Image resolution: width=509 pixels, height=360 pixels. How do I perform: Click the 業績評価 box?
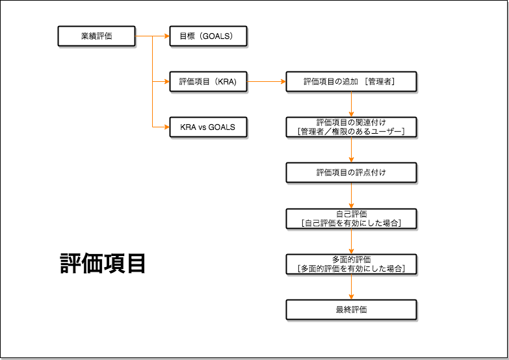point(96,36)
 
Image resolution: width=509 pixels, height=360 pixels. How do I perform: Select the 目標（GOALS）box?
point(208,36)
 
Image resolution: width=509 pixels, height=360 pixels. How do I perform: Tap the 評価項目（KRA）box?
point(208,82)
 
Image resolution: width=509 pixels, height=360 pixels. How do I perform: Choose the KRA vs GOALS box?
point(208,127)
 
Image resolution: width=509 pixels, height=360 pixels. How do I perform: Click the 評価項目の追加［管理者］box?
point(351,82)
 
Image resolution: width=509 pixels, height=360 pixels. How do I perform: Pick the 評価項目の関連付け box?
point(351,127)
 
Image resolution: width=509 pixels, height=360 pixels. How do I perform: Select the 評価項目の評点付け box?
point(351,172)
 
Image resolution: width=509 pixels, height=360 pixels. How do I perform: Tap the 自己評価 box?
point(351,218)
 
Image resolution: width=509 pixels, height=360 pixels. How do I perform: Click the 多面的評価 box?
point(351,264)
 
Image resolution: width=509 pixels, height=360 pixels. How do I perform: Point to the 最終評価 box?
point(351,309)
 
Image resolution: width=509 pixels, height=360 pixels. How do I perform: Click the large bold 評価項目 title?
point(103,264)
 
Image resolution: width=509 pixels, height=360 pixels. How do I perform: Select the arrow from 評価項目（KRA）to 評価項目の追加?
point(267,82)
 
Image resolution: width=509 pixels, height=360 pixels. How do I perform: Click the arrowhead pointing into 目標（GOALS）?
point(166,36)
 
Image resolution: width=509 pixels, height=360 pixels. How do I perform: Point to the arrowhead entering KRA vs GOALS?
point(166,127)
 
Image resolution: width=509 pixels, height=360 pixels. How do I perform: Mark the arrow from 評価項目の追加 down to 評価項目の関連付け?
point(351,104)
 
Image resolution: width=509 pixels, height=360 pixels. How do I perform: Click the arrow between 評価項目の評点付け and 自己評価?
point(351,195)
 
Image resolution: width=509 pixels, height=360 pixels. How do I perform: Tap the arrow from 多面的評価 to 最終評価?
point(351,287)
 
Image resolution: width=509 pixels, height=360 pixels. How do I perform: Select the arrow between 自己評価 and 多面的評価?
point(351,241)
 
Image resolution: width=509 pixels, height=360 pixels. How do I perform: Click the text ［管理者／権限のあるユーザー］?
point(351,131)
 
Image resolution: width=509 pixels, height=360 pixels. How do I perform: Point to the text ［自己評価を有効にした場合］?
point(351,223)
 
